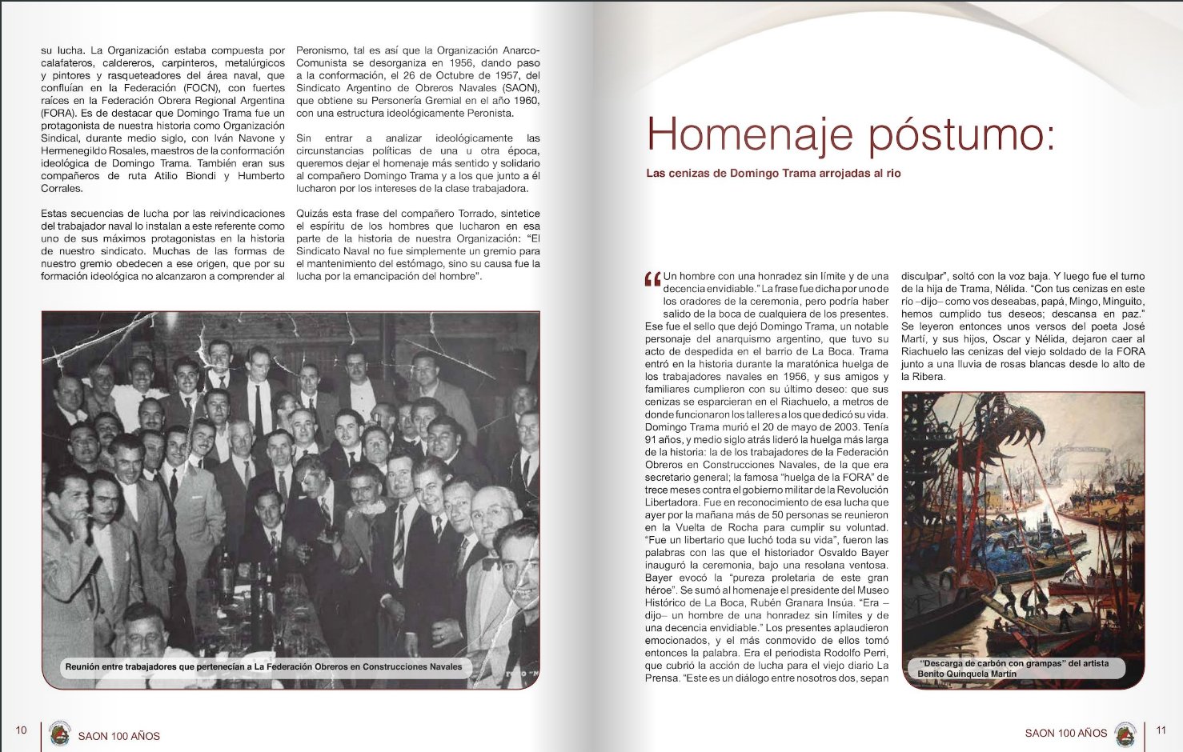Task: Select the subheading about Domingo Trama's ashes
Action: [x=773, y=174]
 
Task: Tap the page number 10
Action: [x=22, y=730]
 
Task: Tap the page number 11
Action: [x=1161, y=730]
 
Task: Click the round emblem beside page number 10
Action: [x=59, y=734]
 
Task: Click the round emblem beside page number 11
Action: [x=1126, y=733]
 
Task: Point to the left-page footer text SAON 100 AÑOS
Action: [x=119, y=736]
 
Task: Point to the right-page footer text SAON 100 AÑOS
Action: [x=1065, y=733]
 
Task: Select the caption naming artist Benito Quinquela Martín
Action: [x=1014, y=669]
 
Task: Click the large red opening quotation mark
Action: [x=652, y=279]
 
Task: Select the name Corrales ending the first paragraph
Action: [x=62, y=189]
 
